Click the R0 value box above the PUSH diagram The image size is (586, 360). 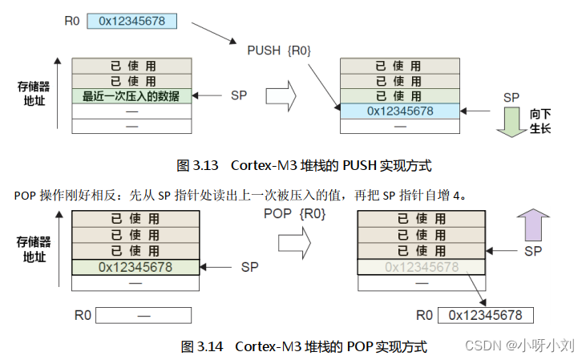click(131, 21)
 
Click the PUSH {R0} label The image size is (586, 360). click(279, 51)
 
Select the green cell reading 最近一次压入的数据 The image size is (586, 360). click(132, 96)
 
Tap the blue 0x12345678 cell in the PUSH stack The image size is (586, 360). click(400, 111)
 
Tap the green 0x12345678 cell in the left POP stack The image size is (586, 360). click(132, 266)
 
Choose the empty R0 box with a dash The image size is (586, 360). click(143, 315)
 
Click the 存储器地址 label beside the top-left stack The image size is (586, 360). click(34, 93)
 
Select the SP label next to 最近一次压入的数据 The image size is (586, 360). click(239, 95)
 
